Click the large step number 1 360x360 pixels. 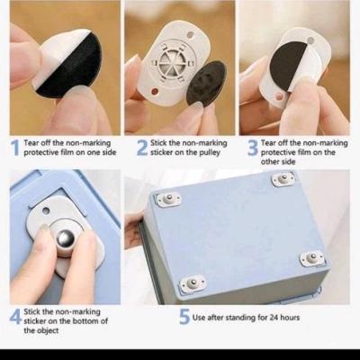(16, 148)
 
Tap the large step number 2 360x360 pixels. (142, 148)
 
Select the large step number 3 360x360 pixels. (253, 148)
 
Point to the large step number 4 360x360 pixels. (15, 316)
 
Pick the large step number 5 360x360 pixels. (184, 317)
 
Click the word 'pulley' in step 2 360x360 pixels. (210, 153)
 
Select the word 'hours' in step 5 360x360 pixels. (290, 317)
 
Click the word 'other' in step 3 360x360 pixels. (270, 162)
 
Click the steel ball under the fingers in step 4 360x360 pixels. (66, 238)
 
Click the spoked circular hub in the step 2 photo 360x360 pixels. (170, 61)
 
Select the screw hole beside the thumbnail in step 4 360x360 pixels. (46, 211)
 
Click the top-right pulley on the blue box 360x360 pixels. (283, 179)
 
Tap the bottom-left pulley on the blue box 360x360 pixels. (193, 283)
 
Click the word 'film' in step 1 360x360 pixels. (67, 152)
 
